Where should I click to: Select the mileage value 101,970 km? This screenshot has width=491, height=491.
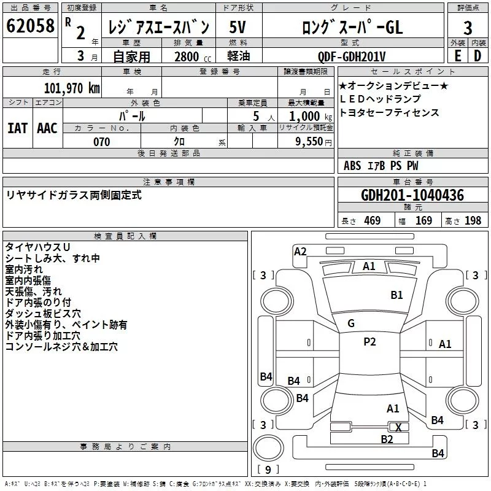click(72, 87)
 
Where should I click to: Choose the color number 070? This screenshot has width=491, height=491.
click(102, 142)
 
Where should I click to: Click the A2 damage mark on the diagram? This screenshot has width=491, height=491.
click(300, 251)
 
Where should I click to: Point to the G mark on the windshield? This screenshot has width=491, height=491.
click(351, 323)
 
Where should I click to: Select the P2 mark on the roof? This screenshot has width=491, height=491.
click(369, 342)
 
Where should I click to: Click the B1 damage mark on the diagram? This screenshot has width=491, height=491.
click(397, 295)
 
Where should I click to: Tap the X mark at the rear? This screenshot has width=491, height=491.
click(399, 428)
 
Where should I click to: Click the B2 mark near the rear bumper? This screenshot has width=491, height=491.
click(387, 439)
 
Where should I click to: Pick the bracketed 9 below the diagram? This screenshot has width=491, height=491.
click(268, 470)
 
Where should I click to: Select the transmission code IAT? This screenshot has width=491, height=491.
click(17, 128)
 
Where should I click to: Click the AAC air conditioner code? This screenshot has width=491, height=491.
click(47, 128)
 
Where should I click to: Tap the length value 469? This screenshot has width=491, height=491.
click(372, 220)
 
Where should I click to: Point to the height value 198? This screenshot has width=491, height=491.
click(473, 220)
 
